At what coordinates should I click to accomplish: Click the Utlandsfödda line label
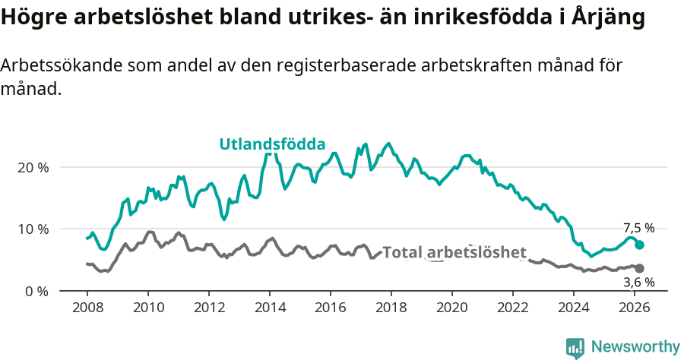tap(272, 144)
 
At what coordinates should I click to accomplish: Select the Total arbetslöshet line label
tap(454, 252)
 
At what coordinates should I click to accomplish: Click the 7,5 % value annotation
tap(638, 228)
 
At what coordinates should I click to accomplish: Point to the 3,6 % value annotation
tap(638, 283)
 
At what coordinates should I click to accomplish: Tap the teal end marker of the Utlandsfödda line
tap(640, 245)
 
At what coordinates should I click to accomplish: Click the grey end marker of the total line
tap(640, 269)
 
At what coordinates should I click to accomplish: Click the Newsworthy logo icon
tap(575, 347)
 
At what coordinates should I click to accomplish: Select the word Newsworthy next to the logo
tap(635, 347)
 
